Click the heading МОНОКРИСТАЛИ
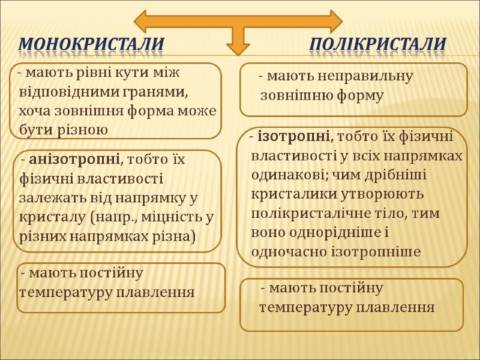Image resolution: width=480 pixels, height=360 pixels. click(91, 44)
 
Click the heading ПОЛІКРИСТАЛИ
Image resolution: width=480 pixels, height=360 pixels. click(378, 44)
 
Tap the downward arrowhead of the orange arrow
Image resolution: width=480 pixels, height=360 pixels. click(238, 49)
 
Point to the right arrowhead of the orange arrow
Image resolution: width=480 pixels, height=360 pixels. click(332, 20)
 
